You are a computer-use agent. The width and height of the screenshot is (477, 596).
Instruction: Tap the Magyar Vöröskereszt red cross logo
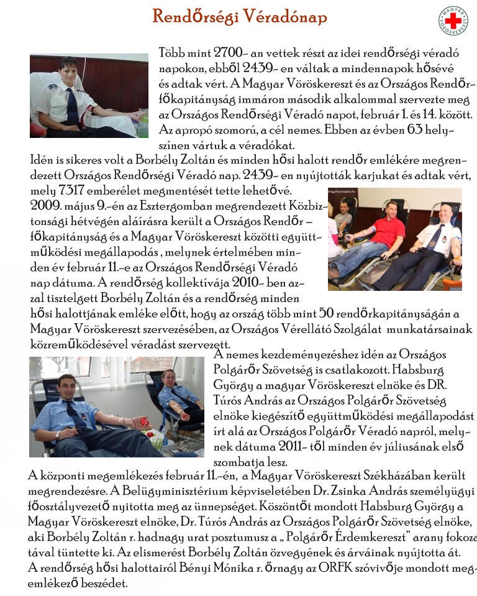(453, 21)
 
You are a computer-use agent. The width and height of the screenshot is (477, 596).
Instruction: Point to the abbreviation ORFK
(321, 567)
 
